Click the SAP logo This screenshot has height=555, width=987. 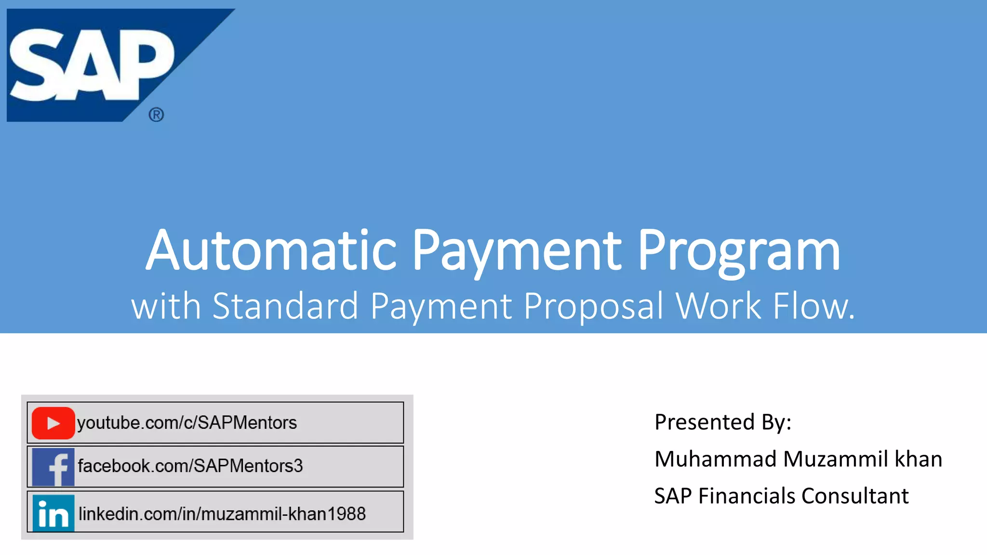[92, 65]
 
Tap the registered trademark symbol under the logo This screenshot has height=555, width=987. [156, 115]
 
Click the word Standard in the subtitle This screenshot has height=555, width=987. [285, 306]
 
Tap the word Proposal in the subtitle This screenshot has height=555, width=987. [593, 306]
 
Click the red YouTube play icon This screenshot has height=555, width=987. [53, 423]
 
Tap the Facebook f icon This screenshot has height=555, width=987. [53, 466]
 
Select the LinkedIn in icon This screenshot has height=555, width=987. [53, 513]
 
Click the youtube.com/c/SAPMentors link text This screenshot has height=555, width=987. [187, 423]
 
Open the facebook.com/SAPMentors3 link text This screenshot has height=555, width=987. [190, 466]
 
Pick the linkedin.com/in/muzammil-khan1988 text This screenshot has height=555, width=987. [222, 514]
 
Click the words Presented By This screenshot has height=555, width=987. [722, 422]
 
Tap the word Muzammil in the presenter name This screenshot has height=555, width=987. [835, 459]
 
